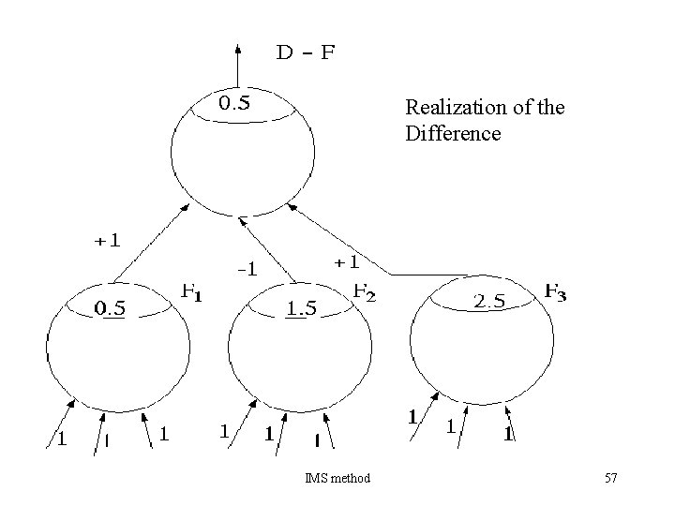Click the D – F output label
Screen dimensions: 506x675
(x=305, y=52)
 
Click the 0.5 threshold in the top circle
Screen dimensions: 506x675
(x=233, y=103)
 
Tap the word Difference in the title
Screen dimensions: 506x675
(x=453, y=133)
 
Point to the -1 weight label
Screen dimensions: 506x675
(x=246, y=271)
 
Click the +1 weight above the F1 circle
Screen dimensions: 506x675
(x=106, y=240)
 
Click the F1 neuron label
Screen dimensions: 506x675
(x=190, y=292)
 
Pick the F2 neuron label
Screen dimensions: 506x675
(x=364, y=291)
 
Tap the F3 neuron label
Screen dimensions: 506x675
(x=555, y=292)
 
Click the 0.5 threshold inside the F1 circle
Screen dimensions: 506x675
(x=113, y=307)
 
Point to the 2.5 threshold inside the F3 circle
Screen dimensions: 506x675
(x=489, y=301)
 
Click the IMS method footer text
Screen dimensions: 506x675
(x=337, y=479)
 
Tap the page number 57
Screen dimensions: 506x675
(x=611, y=479)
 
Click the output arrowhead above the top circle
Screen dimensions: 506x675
(x=238, y=47)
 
